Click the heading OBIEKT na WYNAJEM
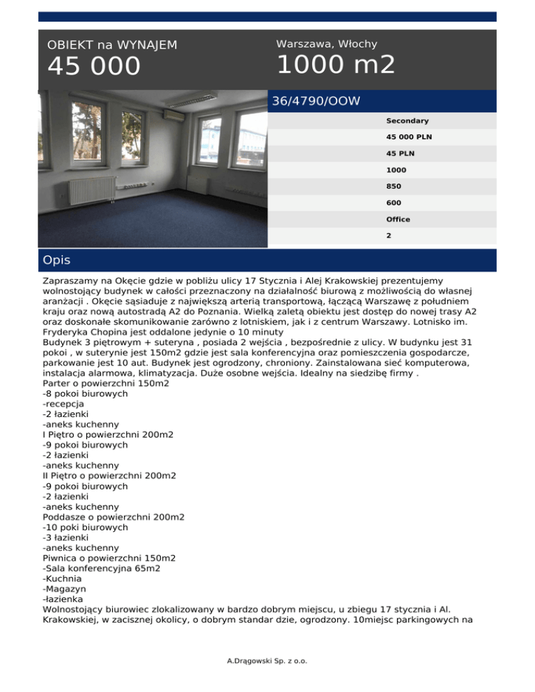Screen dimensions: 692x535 112,45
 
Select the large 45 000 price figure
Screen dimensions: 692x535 94,68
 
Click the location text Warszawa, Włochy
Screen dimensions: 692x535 327,44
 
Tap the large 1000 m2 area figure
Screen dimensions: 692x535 336,65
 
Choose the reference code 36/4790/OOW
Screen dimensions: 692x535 316,102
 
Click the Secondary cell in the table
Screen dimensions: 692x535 408,120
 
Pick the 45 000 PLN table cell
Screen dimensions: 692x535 409,137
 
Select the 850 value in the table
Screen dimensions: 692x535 394,187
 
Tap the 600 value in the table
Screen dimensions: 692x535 394,203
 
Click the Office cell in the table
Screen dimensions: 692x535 398,219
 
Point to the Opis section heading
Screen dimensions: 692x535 56,260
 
